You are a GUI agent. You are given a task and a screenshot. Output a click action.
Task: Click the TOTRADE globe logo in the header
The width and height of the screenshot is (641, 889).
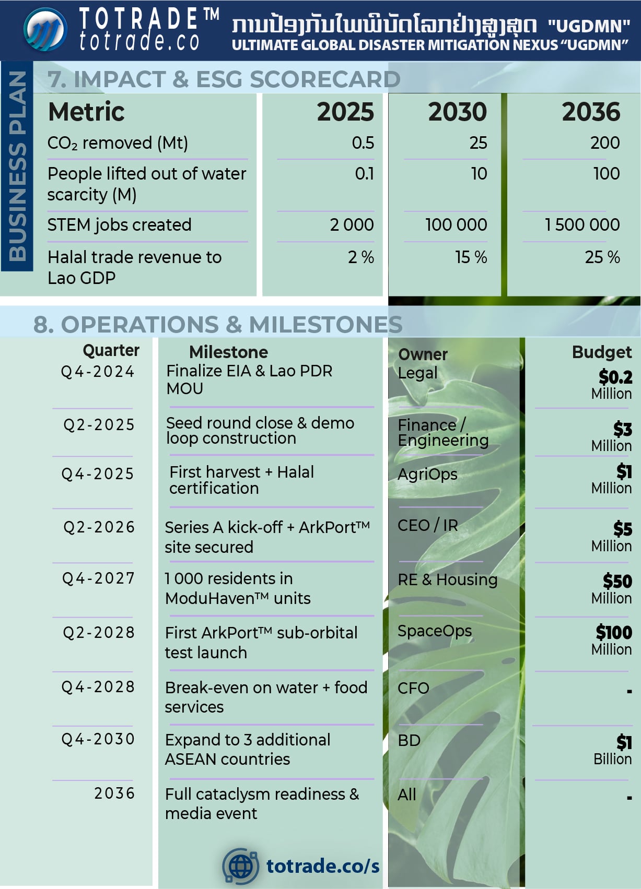[45, 30]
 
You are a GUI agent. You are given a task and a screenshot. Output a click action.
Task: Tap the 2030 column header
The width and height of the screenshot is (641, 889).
[457, 112]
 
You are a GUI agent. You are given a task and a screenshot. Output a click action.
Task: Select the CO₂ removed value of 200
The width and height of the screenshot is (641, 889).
[605, 143]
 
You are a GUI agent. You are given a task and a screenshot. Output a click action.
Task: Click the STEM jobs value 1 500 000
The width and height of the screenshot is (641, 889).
[582, 224]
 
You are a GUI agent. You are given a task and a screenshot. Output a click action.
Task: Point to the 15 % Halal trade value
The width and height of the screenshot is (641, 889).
[471, 257]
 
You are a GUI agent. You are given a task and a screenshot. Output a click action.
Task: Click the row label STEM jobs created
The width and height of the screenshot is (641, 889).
[119, 224]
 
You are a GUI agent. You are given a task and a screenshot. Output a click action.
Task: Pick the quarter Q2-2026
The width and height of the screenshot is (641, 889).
[99, 527]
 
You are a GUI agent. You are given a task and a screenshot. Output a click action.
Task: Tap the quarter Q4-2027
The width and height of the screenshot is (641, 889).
[98, 578]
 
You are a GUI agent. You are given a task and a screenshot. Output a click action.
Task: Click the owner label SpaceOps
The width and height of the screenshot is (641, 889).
[434, 631]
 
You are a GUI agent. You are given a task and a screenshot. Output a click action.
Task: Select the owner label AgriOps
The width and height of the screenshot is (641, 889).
[427, 474]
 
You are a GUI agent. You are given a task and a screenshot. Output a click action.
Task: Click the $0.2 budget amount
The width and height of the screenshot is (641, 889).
[615, 377]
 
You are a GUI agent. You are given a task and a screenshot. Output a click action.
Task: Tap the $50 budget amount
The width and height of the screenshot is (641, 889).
[617, 581]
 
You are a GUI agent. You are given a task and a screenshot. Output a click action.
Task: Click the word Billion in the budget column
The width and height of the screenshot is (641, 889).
[612, 759]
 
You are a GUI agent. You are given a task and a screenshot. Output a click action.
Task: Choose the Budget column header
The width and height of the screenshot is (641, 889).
[601, 352]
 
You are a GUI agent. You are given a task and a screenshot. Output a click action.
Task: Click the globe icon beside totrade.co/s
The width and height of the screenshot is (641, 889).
[240, 866]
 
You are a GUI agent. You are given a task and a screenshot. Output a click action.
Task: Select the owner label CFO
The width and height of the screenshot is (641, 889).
[413, 688]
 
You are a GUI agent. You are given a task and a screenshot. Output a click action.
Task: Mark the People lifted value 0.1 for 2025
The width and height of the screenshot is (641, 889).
[364, 173]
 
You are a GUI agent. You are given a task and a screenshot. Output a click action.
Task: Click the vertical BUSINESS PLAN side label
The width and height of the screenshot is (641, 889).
[17, 166]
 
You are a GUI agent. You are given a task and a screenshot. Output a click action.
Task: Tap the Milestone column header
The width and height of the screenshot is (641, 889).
[228, 352]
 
